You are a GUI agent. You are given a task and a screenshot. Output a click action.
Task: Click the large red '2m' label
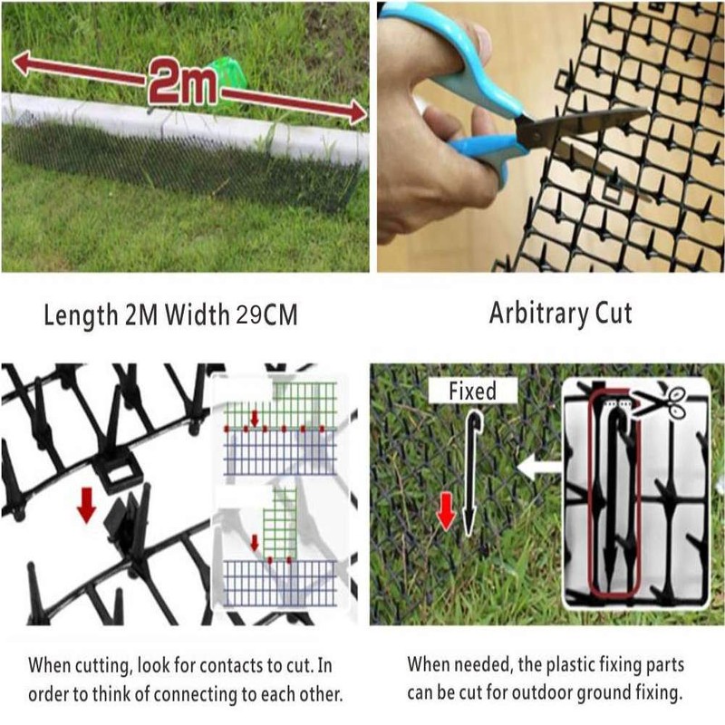point(184,82)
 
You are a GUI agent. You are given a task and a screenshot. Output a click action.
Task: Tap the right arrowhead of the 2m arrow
point(357,112)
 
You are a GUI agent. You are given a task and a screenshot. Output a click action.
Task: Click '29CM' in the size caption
point(266,314)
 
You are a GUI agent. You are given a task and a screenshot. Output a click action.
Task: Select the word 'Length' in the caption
point(81,316)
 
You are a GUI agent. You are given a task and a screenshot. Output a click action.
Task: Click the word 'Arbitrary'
point(538,314)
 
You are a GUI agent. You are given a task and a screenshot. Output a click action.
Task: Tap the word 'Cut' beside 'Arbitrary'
point(614,313)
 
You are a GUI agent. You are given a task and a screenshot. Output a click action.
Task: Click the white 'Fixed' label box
point(472,391)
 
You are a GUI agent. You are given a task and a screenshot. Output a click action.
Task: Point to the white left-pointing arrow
point(539,467)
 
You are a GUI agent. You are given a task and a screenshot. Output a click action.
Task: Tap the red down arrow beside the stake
point(446,511)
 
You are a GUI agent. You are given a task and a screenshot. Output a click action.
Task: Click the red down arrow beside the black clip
point(86,506)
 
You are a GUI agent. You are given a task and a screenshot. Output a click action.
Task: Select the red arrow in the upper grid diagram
point(255,418)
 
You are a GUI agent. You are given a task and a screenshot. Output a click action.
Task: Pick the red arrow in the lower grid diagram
point(255,543)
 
